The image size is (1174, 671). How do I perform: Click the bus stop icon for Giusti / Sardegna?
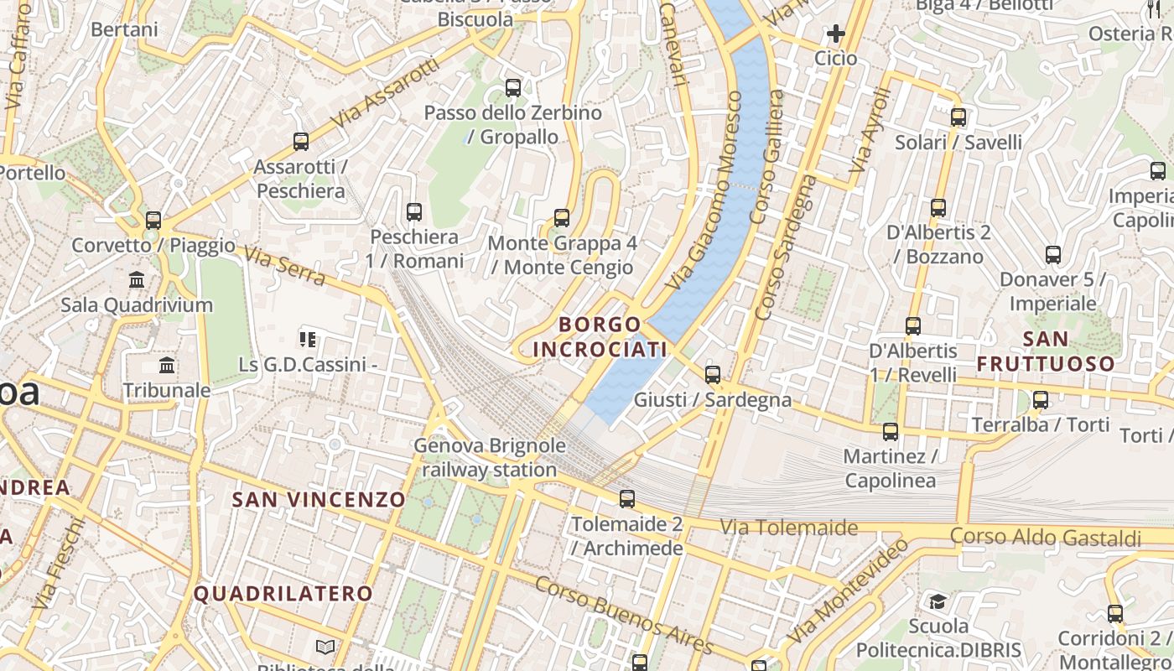point(713,374)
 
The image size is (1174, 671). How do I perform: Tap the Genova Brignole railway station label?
point(490,458)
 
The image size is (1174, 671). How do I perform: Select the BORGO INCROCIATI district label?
point(600,336)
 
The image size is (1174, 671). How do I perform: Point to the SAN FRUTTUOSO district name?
point(1046,351)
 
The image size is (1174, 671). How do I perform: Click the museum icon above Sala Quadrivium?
point(137,279)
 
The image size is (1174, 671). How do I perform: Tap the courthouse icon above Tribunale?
point(167,366)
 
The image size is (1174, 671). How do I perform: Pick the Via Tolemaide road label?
point(789,528)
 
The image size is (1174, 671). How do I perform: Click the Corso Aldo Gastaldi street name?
point(1046,537)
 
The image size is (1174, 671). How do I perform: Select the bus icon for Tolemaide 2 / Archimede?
point(626,499)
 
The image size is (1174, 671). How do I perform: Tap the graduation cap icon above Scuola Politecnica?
point(938,601)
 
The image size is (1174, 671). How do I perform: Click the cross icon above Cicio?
point(835,34)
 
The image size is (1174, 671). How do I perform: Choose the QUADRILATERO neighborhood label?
point(283,594)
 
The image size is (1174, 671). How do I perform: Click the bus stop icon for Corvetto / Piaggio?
point(153,221)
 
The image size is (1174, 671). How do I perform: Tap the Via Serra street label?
point(283,266)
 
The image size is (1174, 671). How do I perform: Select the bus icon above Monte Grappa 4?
point(562,218)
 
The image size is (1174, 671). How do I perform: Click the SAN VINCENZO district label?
point(319,500)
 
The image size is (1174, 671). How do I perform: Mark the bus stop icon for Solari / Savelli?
point(958,117)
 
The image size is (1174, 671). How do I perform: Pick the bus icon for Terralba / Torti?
point(1041,400)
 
